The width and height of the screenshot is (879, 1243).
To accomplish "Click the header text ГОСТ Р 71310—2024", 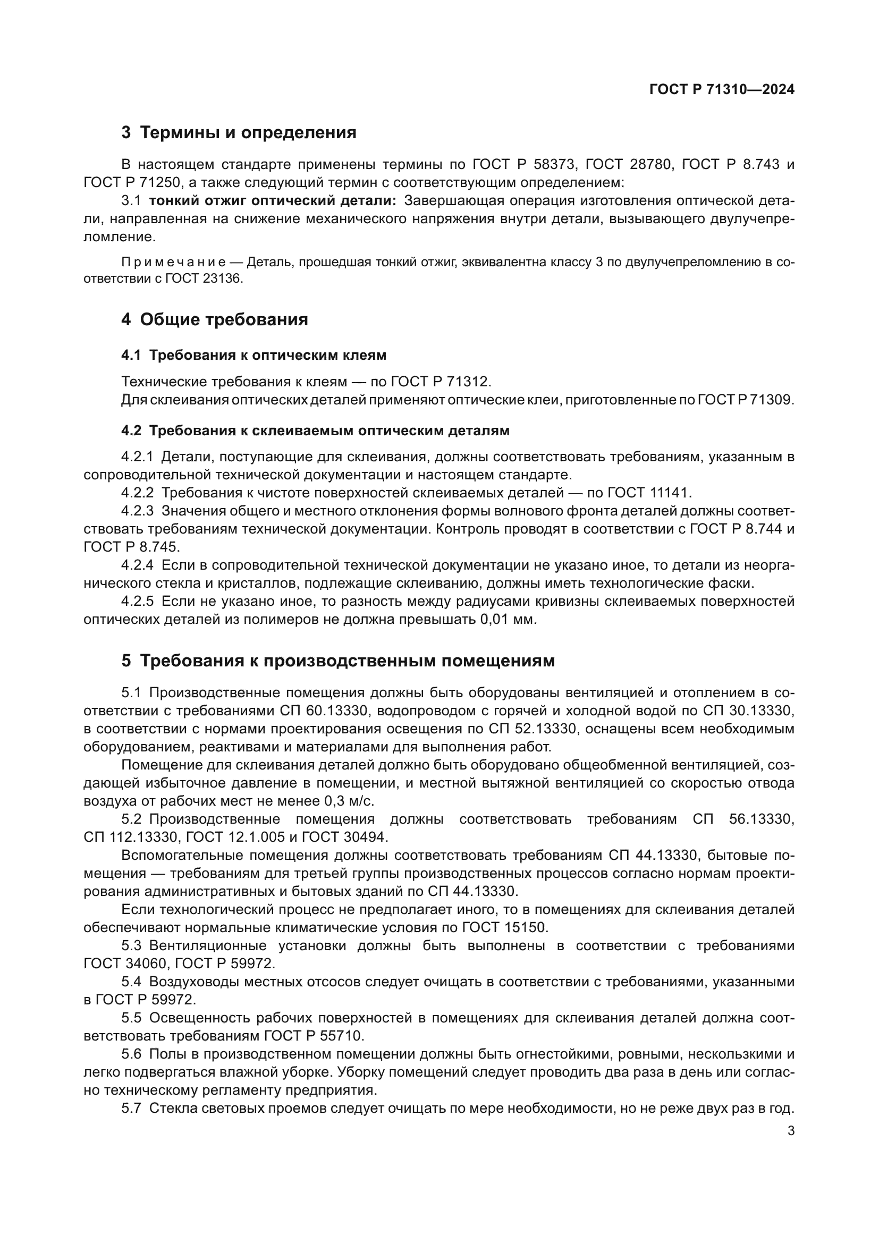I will click(x=722, y=90).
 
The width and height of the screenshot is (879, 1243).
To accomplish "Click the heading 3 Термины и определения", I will click(x=239, y=133).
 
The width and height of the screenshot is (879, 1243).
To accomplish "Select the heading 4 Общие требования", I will click(x=214, y=319).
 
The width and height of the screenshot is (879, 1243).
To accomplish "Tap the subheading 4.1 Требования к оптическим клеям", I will click(x=253, y=355).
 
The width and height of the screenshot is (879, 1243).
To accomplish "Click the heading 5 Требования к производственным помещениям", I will click(x=338, y=661).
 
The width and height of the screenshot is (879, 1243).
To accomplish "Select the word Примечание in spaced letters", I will click(x=173, y=263).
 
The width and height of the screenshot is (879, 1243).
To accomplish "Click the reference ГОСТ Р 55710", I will click(x=312, y=1036).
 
